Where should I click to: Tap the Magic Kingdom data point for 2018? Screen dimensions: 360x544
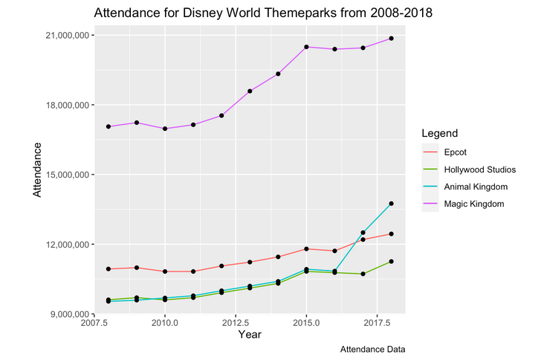[391, 38]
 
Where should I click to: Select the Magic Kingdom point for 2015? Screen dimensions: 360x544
[306, 47]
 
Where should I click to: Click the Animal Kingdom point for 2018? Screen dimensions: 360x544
[391, 204]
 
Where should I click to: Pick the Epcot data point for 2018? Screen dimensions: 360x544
[391, 234]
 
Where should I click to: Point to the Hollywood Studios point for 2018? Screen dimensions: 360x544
[391, 261]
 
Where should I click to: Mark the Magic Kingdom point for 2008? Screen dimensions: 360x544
[109, 126]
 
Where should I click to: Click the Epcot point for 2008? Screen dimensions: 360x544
[109, 269]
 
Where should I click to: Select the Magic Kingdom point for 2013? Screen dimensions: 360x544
[250, 91]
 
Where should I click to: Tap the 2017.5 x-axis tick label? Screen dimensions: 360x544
[377, 323]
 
